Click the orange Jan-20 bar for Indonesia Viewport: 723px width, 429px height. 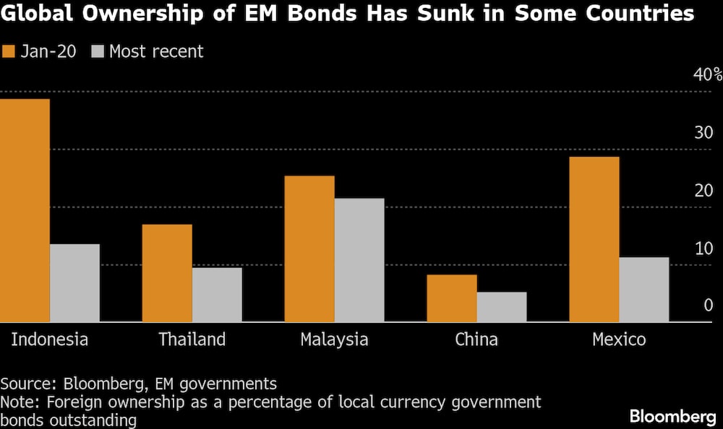click(x=25, y=210)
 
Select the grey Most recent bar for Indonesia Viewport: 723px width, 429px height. click(x=74, y=282)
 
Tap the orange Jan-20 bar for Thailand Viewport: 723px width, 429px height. click(x=167, y=273)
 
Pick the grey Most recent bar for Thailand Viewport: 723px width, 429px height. click(x=217, y=295)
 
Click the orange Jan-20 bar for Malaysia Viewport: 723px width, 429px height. click(x=309, y=248)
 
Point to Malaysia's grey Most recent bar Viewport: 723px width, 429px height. click(x=359, y=260)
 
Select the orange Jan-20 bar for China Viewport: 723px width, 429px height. click(x=452, y=298)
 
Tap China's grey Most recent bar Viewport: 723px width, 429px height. click(x=502, y=306)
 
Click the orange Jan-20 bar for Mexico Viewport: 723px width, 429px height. click(x=594, y=239)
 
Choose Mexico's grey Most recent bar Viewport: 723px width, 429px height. click(x=644, y=289)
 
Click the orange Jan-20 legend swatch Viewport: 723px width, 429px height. click(x=9, y=51)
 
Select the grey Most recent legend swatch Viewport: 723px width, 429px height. click(x=98, y=51)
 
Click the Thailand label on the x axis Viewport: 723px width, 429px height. click(x=192, y=339)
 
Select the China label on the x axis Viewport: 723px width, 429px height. click(x=476, y=339)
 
